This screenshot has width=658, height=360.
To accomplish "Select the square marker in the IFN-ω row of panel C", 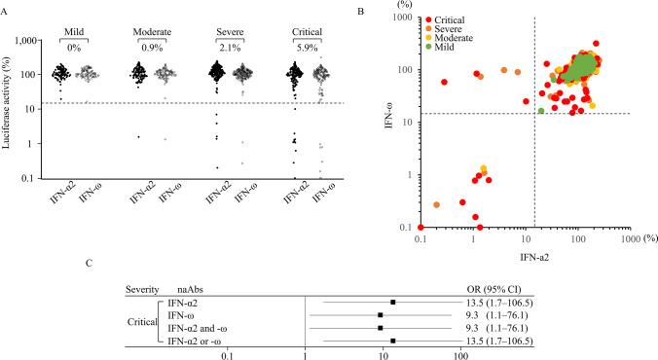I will [381, 315].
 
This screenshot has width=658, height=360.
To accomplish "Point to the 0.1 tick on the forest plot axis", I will [228, 355].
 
